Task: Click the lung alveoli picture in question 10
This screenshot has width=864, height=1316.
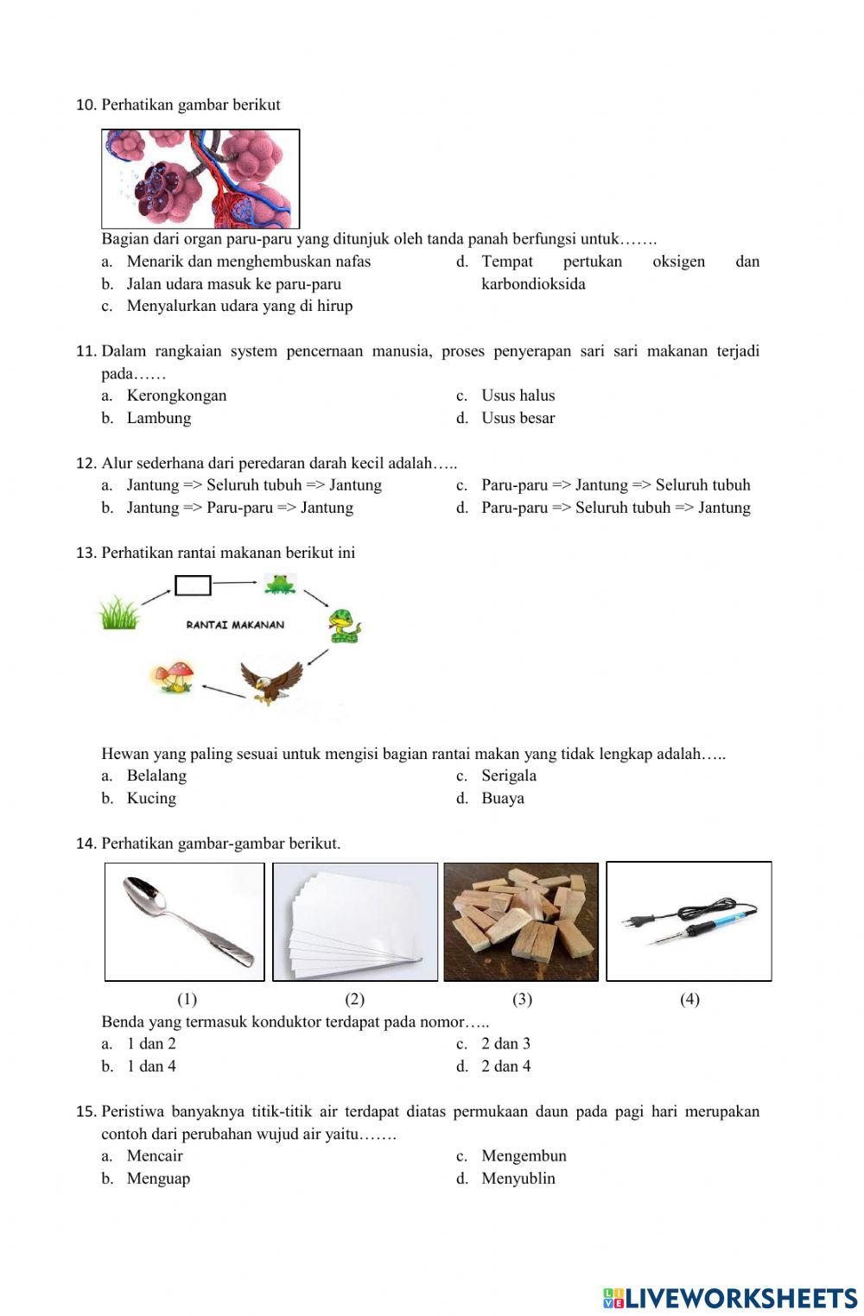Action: click(200, 179)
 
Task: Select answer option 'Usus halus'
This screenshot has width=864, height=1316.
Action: click(518, 395)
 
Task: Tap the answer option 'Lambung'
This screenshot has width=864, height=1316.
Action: click(158, 418)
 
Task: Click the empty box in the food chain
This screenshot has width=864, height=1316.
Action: click(193, 585)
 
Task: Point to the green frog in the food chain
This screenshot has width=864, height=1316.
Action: click(280, 585)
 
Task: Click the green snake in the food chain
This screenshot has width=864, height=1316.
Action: click(343, 626)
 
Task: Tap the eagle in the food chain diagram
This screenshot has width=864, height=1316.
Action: click(270, 681)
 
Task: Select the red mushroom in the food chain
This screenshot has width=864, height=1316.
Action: click(174, 675)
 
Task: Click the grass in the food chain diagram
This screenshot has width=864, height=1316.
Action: click(118, 613)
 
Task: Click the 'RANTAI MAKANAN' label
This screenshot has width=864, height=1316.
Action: click(235, 624)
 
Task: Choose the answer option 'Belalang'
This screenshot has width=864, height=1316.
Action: click(156, 775)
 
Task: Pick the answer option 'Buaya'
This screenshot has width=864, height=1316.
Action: click(502, 798)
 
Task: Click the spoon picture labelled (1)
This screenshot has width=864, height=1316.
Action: click(185, 921)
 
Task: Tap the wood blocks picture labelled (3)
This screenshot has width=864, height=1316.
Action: click(521, 921)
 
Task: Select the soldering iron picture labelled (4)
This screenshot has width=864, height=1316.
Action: click(689, 921)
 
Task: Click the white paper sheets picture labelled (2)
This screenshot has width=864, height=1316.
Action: click(355, 921)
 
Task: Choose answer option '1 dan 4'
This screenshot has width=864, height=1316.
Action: click(151, 1066)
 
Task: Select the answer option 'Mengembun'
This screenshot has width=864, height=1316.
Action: click(524, 1155)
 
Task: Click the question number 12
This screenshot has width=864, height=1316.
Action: click(86, 463)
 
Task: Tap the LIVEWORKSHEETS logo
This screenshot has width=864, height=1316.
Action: click(730, 1298)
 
